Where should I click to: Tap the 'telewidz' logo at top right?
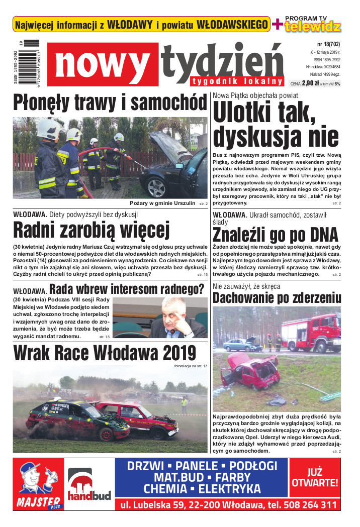pyautogui.click(x=313, y=27)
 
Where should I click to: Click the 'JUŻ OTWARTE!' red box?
pyautogui.click(x=315, y=478)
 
